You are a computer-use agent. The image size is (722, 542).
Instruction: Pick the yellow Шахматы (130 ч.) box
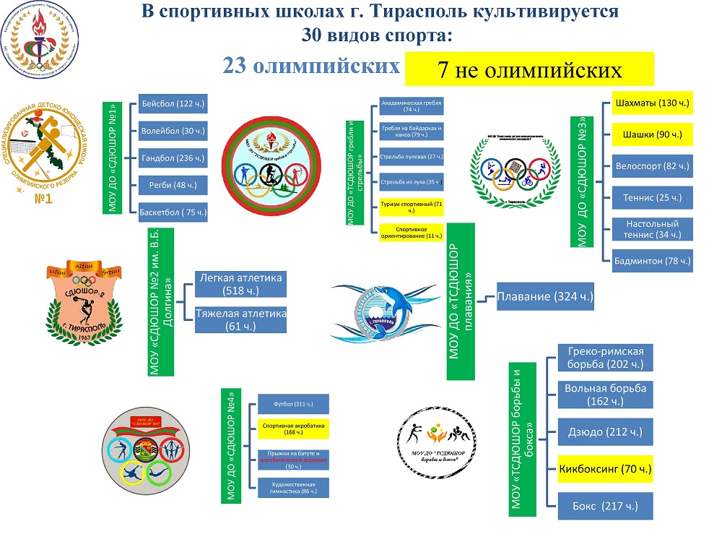652,103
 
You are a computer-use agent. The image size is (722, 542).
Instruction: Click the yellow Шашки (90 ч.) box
652,134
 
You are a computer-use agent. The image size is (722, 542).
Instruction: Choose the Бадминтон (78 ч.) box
652,260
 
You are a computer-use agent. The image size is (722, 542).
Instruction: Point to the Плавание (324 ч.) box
545,297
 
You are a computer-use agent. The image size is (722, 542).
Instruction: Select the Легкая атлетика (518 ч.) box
241,284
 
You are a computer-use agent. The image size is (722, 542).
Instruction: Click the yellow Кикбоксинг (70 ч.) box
606,469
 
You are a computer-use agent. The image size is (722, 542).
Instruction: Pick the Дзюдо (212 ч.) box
606,433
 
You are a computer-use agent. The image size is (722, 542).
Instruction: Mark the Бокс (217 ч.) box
606,505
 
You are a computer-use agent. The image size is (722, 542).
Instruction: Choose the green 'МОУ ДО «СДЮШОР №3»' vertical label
584,171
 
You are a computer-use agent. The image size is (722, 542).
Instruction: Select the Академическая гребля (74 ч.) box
411,106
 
